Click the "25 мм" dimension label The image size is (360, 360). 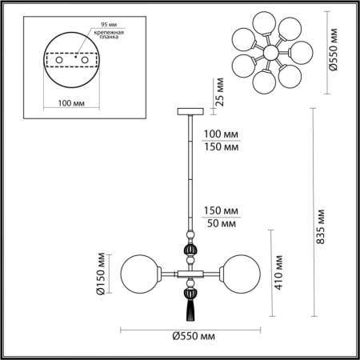[x=214, y=90]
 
